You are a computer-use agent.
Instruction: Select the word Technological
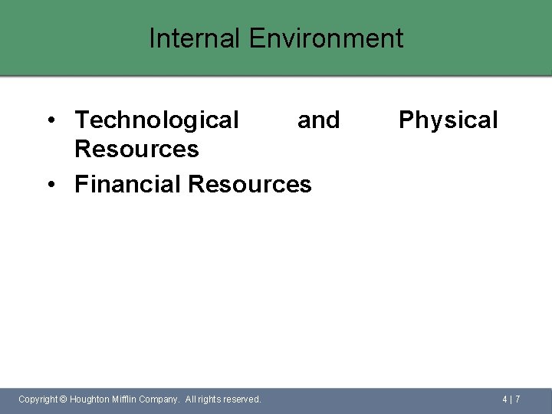point(156,120)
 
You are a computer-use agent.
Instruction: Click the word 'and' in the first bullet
point(318,120)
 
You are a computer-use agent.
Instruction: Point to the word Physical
point(448,120)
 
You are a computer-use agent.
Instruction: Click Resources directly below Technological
point(136,149)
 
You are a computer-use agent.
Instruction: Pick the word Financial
point(127,184)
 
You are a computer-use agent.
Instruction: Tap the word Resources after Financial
point(249,184)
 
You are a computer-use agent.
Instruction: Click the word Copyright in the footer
point(38,399)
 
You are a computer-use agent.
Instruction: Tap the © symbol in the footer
point(64,399)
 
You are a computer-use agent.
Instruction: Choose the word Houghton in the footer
point(89,399)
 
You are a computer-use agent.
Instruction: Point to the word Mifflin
point(124,399)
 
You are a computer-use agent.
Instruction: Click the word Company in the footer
point(159,399)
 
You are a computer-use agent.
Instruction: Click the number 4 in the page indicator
point(505,399)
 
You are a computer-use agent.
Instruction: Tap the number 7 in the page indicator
point(517,399)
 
